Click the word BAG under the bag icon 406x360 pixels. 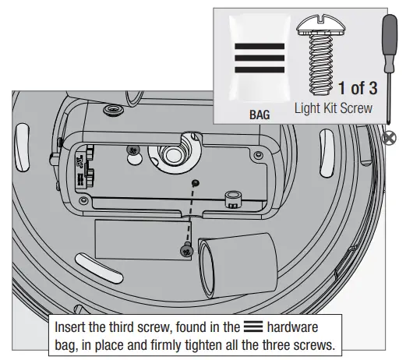[259, 114]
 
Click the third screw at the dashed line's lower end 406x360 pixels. [186, 251]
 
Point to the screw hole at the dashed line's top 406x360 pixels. [195, 182]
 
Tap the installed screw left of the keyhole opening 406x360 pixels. [135, 148]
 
